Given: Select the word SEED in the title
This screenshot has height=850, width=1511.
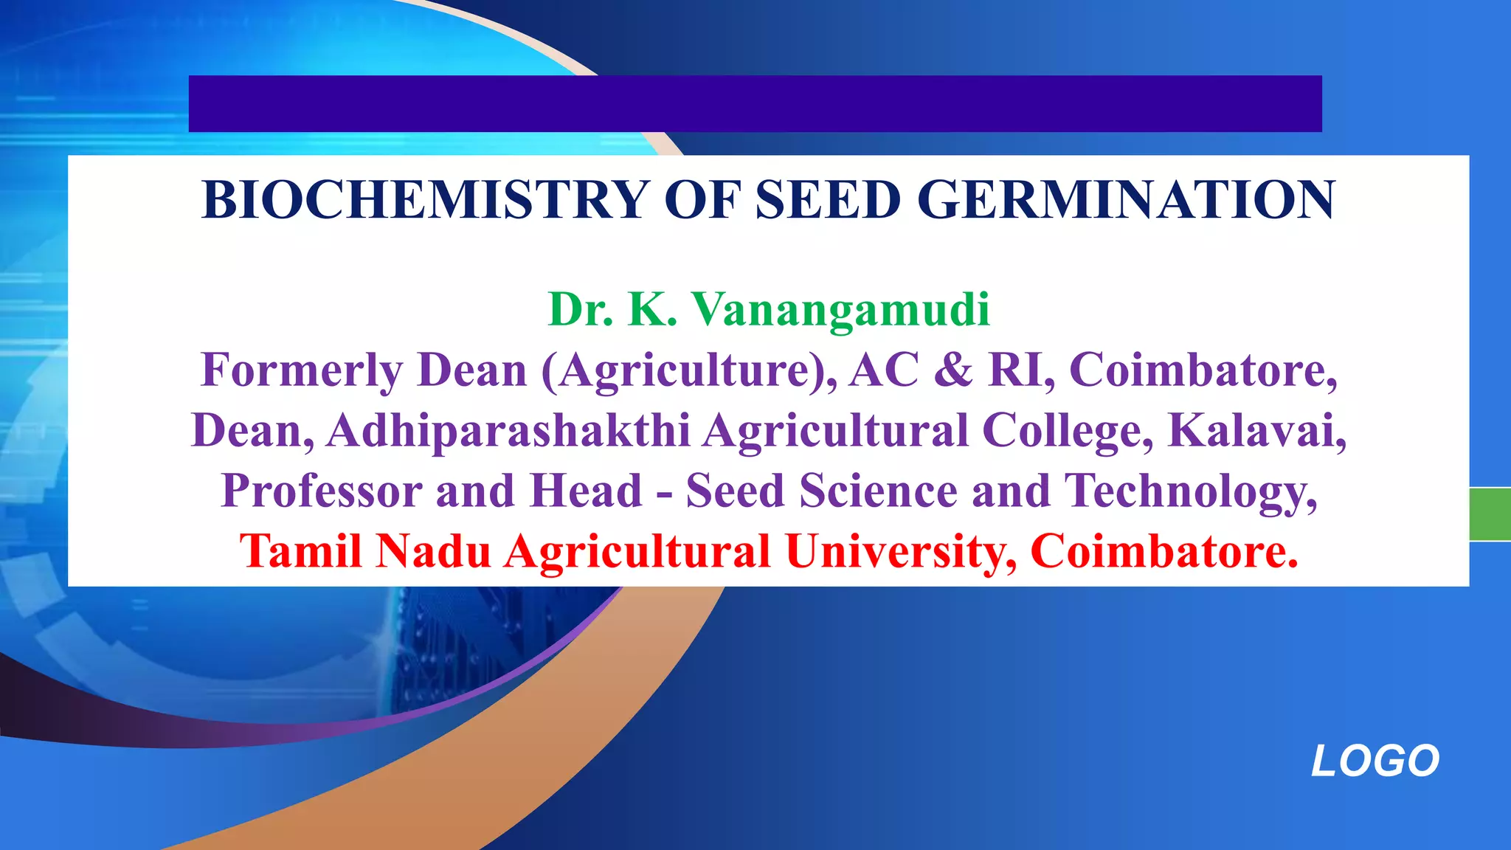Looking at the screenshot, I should pyautogui.click(x=828, y=200).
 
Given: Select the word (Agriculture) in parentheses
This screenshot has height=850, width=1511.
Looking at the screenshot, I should pyautogui.click(x=689, y=370).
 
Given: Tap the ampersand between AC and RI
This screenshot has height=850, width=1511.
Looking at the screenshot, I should pyautogui.click(x=953, y=370).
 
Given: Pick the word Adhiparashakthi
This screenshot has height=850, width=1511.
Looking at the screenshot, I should pyautogui.click(x=509, y=430).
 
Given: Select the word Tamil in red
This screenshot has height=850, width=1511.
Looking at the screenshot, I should pyautogui.click(x=300, y=551).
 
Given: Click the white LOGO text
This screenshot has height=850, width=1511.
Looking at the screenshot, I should pyautogui.click(x=1375, y=761).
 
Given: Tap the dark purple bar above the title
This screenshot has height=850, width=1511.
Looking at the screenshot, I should pyautogui.click(x=755, y=103).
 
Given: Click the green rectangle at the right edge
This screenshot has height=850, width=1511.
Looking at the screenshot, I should pyautogui.click(x=1490, y=514).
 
